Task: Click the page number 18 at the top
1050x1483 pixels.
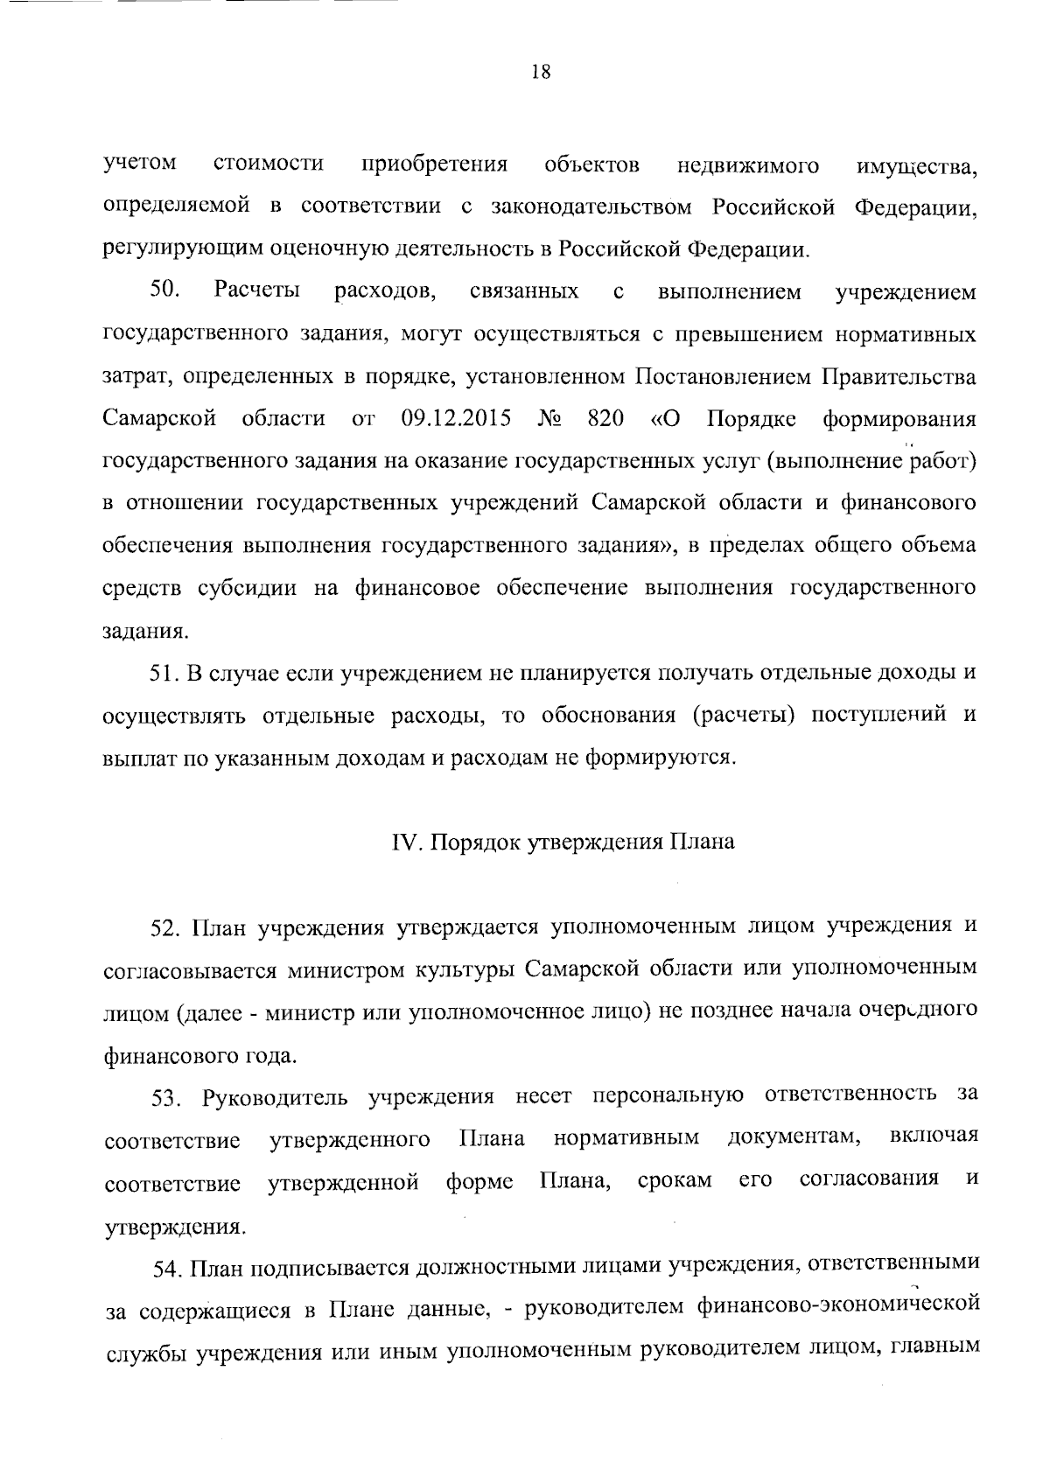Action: tap(540, 73)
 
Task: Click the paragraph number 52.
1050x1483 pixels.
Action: tap(165, 928)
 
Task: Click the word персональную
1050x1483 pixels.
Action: tap(668, 1096)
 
